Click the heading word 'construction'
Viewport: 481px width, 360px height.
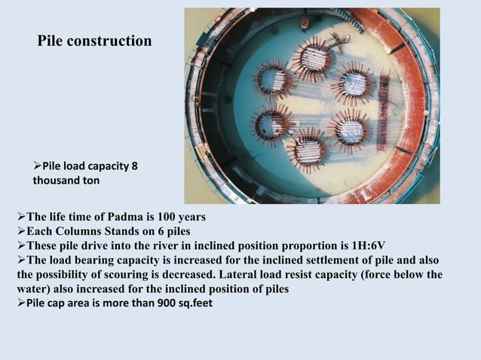coord(110,41)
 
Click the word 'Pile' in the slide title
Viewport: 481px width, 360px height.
coord(52,41)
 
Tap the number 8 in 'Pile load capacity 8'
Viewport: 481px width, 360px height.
coord(134,166)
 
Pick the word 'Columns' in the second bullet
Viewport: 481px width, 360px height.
coord(78,231)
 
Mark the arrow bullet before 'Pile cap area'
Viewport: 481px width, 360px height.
coord(21,304)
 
